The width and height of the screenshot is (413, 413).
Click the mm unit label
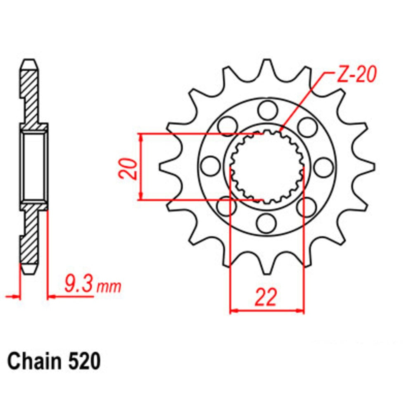coord(109,286)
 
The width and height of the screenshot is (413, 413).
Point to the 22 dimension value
coord(266,297)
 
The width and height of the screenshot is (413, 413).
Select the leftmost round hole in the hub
coord(210,166)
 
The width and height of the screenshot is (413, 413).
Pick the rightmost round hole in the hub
coord(323,166)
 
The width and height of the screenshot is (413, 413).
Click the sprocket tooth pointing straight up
coord(267,66)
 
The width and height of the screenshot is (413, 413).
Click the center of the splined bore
coord(267,167)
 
